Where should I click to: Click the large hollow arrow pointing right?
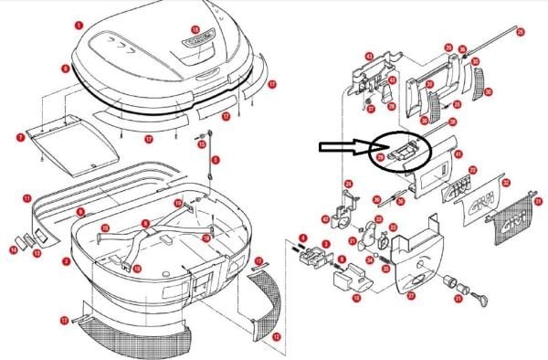point(342,149)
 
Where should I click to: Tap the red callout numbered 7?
point(20,137)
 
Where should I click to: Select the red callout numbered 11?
point(26,196)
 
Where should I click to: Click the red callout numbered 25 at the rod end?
point(521,33)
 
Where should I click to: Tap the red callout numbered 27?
point(411,295)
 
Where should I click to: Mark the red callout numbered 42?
point(326,218)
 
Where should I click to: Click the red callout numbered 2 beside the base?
point(65,261)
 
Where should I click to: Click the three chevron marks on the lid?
point(118,42)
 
